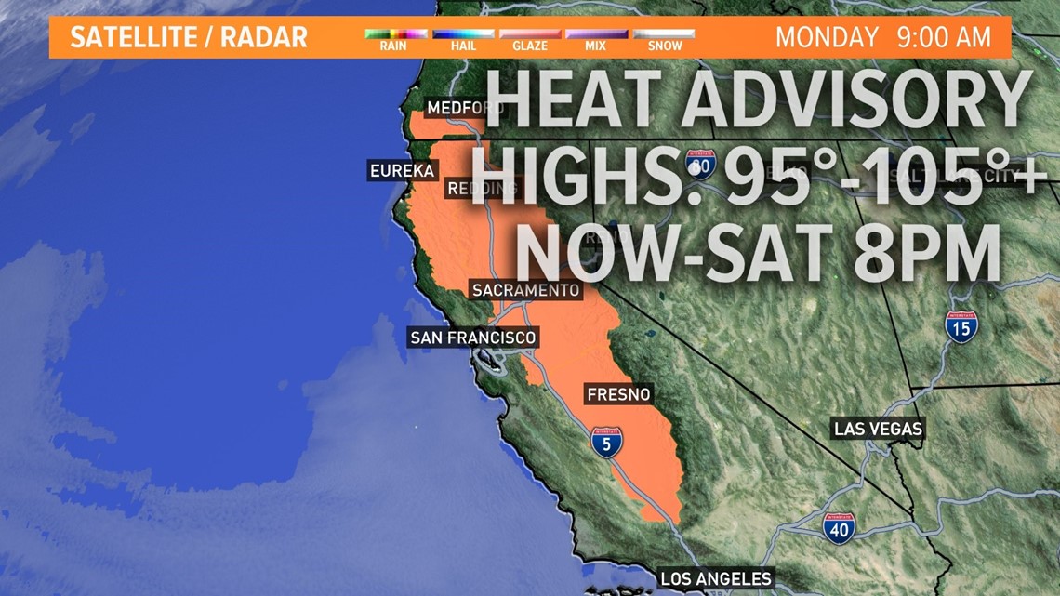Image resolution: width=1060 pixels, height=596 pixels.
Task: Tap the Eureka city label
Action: tap(402, 171)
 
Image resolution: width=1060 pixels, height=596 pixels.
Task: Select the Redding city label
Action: tap(482, 189)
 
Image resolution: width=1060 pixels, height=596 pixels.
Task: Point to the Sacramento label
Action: tap(525, 291)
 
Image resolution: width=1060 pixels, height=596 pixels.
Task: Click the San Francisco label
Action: tap(473, 338)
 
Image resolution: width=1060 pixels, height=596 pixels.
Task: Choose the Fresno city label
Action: tap(618, 394)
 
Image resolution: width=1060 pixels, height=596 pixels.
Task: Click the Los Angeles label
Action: tap(716, 578)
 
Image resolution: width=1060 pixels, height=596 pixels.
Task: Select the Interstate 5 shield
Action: tap(606, 442)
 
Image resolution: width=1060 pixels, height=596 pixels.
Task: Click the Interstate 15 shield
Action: tap(961, 326)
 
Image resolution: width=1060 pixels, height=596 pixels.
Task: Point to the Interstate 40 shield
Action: tap(839, 528)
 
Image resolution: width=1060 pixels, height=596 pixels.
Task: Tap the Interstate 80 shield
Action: tap(702, 165)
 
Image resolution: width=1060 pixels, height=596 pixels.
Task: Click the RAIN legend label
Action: tap(392, 46)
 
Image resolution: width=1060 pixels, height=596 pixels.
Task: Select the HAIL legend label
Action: tap(462, 46)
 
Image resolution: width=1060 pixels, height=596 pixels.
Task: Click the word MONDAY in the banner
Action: tap(827, 37)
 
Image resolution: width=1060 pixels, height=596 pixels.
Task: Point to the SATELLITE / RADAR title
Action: tap(189, 37)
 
